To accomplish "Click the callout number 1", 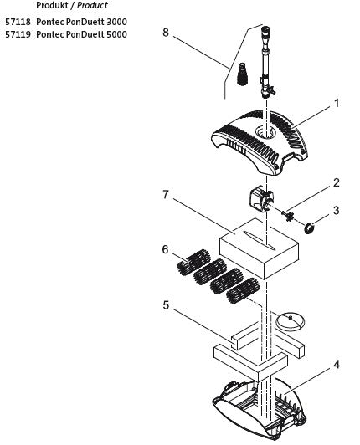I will click(337, 105).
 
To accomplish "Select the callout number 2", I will click(337, 182).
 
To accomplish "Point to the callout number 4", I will click(337, 365).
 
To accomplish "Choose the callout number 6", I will click(165, 250).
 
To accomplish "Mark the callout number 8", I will click(165, 33).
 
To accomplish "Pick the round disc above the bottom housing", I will click(292, 319).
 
